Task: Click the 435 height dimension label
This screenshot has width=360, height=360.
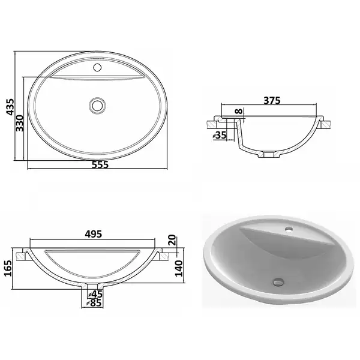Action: pos(10,107)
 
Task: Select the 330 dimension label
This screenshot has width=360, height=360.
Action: pos(20,123)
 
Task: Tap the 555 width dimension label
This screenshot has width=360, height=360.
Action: pos(100,164)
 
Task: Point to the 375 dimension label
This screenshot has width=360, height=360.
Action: pos(272,100)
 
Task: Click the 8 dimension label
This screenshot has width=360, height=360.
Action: pos(239,112)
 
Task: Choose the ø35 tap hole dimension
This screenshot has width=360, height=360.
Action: pos(220,135)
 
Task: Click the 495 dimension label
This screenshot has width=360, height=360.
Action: pos(94,234)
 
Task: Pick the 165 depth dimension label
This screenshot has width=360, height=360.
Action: pos(8,268)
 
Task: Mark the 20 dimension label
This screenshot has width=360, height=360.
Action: pos(173,240)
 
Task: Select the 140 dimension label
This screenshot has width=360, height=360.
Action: pos(179,268)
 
